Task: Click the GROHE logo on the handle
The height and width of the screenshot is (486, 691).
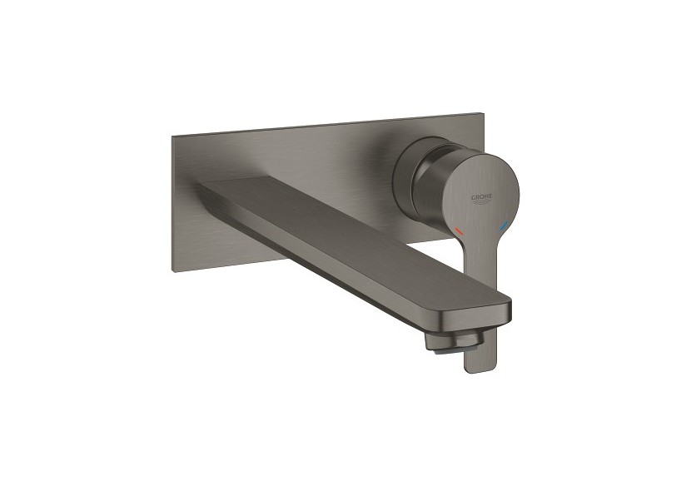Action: pyautogui.click(x=483, y=198)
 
